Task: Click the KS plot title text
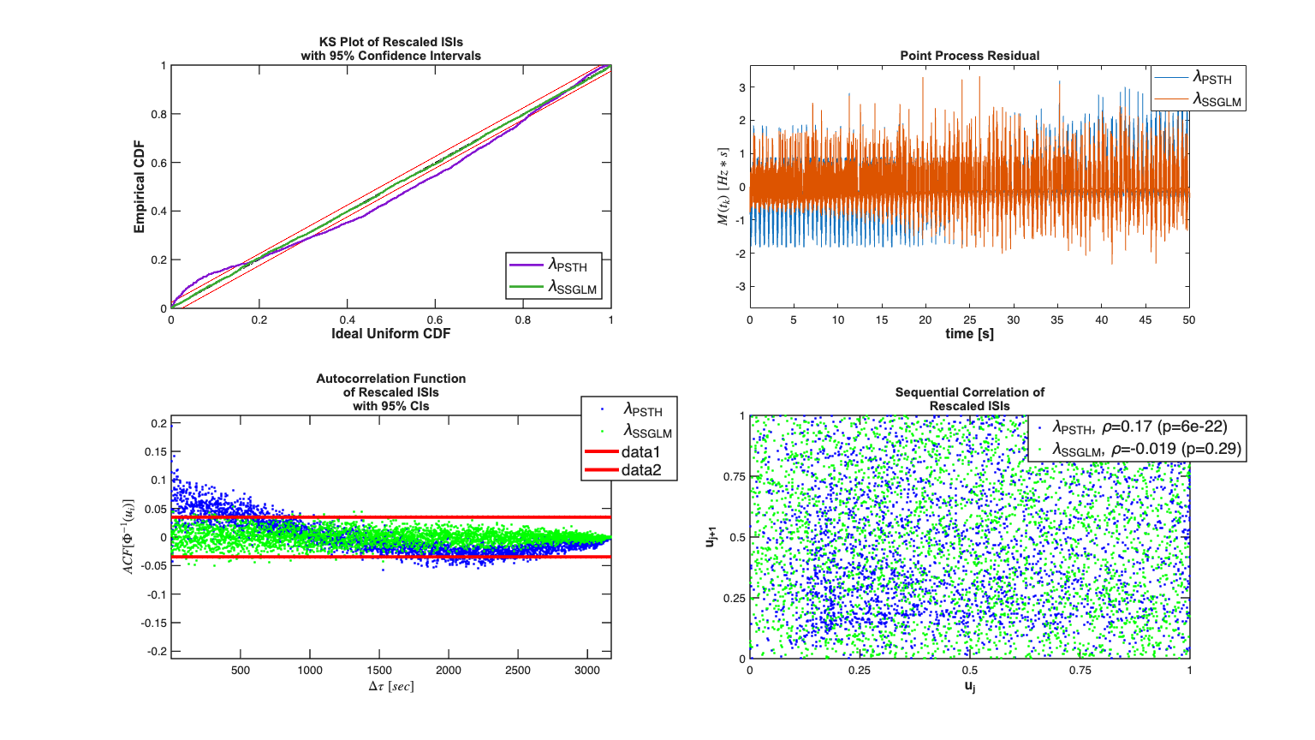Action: tap(390, 49)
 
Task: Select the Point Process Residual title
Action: tap(969, 56)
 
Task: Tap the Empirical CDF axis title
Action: tap(140, 187)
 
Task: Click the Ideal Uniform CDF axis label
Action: tap(390, 334)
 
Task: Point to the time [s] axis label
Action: tap(969, 334)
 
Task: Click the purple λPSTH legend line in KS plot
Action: tap(527, 266)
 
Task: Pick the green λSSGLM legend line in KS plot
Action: tap(527, 287)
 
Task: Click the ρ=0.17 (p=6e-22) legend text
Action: tap(1164, 427)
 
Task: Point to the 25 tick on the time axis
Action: tap(969, 320)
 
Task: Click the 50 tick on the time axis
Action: tap(1188, 320)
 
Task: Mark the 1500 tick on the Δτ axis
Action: tap(379, 671)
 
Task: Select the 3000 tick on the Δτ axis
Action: tap(587, 671)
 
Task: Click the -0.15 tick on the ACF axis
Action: tap(154, 623)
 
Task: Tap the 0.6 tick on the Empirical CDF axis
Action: tap(159, 163)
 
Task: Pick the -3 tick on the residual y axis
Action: tap(741, 287)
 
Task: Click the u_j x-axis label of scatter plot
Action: tap(969, 686)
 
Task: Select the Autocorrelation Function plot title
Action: tap(390, 392)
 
